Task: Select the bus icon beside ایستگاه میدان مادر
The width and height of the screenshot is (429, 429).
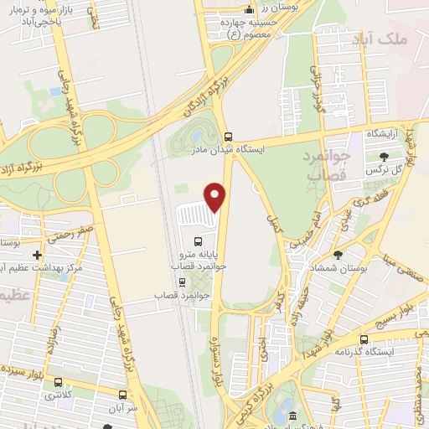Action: click(x=229, y=136)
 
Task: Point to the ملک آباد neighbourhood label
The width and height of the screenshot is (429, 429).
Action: click(x=403, y=39)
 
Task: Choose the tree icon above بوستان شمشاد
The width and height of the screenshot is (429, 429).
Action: click(x=338, y=254)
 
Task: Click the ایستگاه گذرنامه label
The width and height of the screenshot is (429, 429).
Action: click(x=367, y=350)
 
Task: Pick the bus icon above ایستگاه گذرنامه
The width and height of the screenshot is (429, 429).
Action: click(x=364, y=338)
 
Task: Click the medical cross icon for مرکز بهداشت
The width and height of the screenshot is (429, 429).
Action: click(x=36, y=254)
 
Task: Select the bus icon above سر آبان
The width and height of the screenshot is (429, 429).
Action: click(x=123, y=395)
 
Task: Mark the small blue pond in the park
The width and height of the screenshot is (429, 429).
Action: click(x=197, y=135)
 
